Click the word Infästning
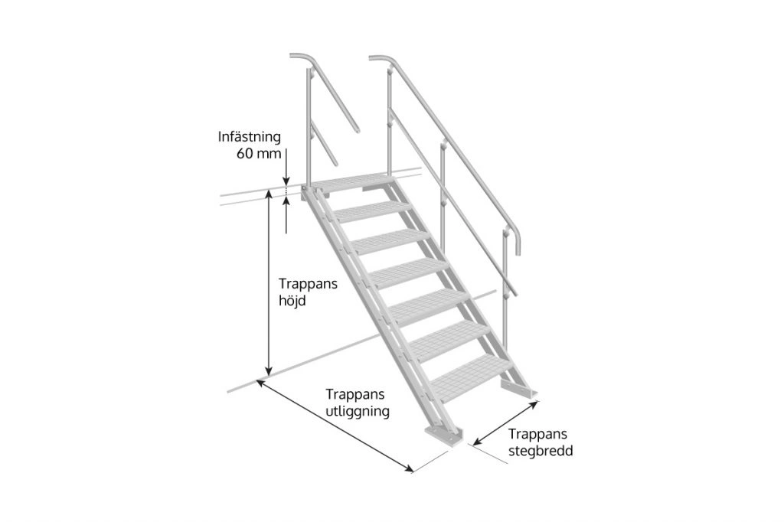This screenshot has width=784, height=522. pyautogui.click(x=249, y=137)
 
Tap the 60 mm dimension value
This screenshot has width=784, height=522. pyautogui.click(x=259, y=154)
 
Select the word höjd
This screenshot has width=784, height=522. pyautogui.click(x=292, y=301)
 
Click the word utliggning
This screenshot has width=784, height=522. pyautogui.click(x=358, y=412)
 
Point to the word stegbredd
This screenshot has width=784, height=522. pyautogui.click(x=541, y=451)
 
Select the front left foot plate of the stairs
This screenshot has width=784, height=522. pyautogui.click(x=444, y=436)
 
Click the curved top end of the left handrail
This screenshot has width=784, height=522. pyautogui.click(x=302, y=58)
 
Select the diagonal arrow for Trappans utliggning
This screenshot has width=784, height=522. pyautogui.click(x=335, y=426)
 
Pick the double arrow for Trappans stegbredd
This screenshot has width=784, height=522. pyautogui.click(x=506, y=422)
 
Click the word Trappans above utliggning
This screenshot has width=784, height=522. pyautogui.click(x=355, y=394)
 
